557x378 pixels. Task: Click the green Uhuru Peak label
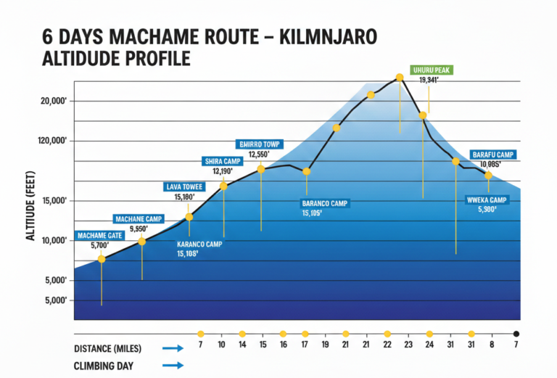432,70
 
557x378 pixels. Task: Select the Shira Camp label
222,161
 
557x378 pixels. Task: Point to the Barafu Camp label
492,155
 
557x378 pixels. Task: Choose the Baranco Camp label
326,204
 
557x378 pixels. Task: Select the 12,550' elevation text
259,155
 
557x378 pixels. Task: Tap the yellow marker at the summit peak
400,77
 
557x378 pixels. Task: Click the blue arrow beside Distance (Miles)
173,348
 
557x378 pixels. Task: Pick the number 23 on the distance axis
408,345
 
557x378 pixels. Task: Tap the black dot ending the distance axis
516,334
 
